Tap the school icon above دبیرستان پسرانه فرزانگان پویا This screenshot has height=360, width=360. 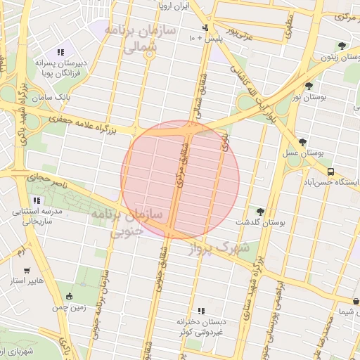coord(60,52)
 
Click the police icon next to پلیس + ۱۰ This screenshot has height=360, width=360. coord(205,29)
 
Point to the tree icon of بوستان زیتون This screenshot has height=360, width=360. coord(342,46)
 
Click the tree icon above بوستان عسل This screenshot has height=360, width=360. coord(302,142)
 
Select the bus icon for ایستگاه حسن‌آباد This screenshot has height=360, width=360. coord(330,171)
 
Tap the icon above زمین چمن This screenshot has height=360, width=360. coord(69,297)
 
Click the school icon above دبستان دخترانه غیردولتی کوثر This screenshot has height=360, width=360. coord(201,311)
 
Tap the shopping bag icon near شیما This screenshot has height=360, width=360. coord(356,302)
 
